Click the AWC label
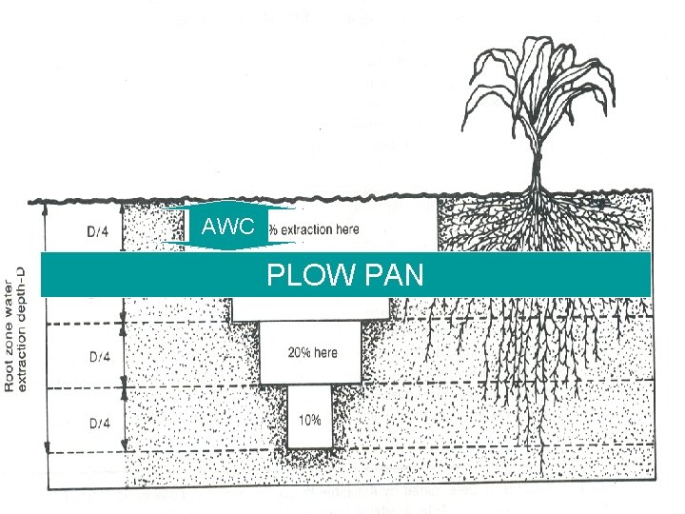(x=229, y=227)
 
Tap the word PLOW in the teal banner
(x=303, y=276)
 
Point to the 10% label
(x=310, y=420)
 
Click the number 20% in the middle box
(x=299, y=353)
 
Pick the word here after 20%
(x=325, y=353)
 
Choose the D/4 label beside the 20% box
(x=99, y=357)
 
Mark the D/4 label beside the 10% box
(x=99, y=422)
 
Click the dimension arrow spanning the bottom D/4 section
(x=46, y=421)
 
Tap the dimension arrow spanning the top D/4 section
(x=46, y=228)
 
